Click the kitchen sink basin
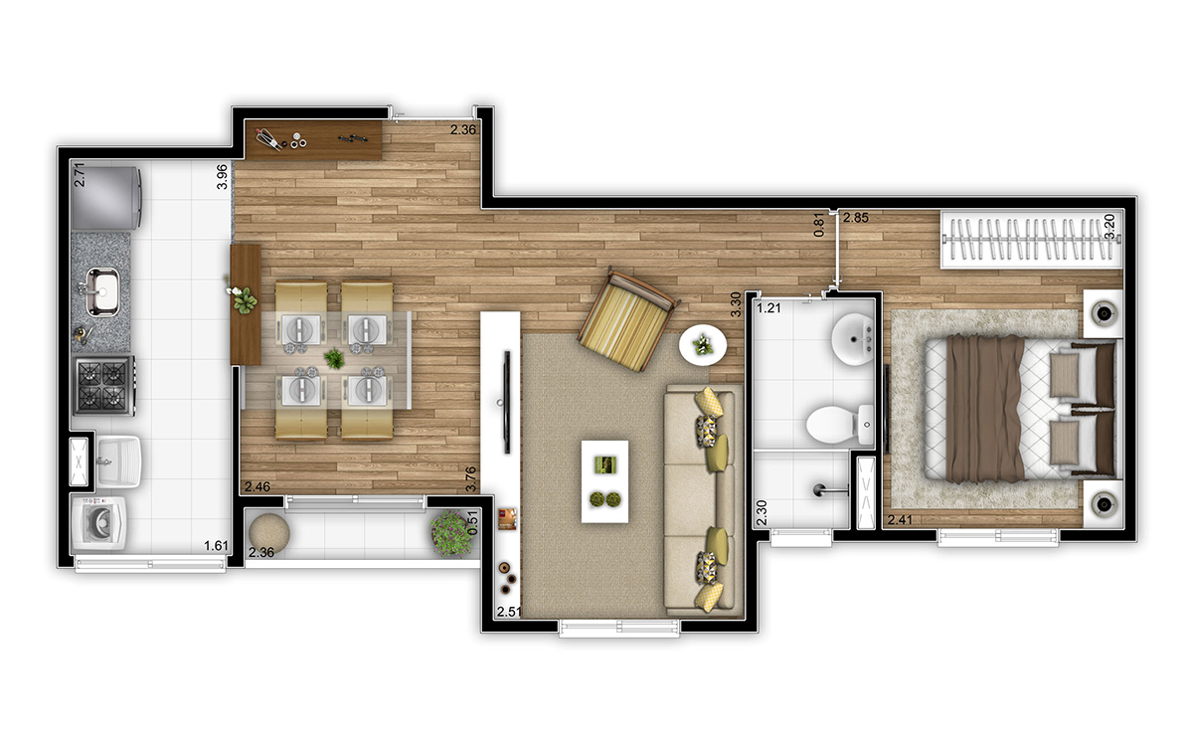pos(103,290)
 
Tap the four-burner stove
pos(103,386)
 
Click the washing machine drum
pos(100,523)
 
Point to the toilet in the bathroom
pos(831,424)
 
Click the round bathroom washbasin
pos(851,338)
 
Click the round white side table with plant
pos(704,345)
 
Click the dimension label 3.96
pos(223,176)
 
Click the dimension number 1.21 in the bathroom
pos(769,308)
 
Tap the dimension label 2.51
pos(509,611)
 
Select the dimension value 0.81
pos(819,225)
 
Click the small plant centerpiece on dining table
pos(335,358)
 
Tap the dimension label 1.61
pos(216,546)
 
